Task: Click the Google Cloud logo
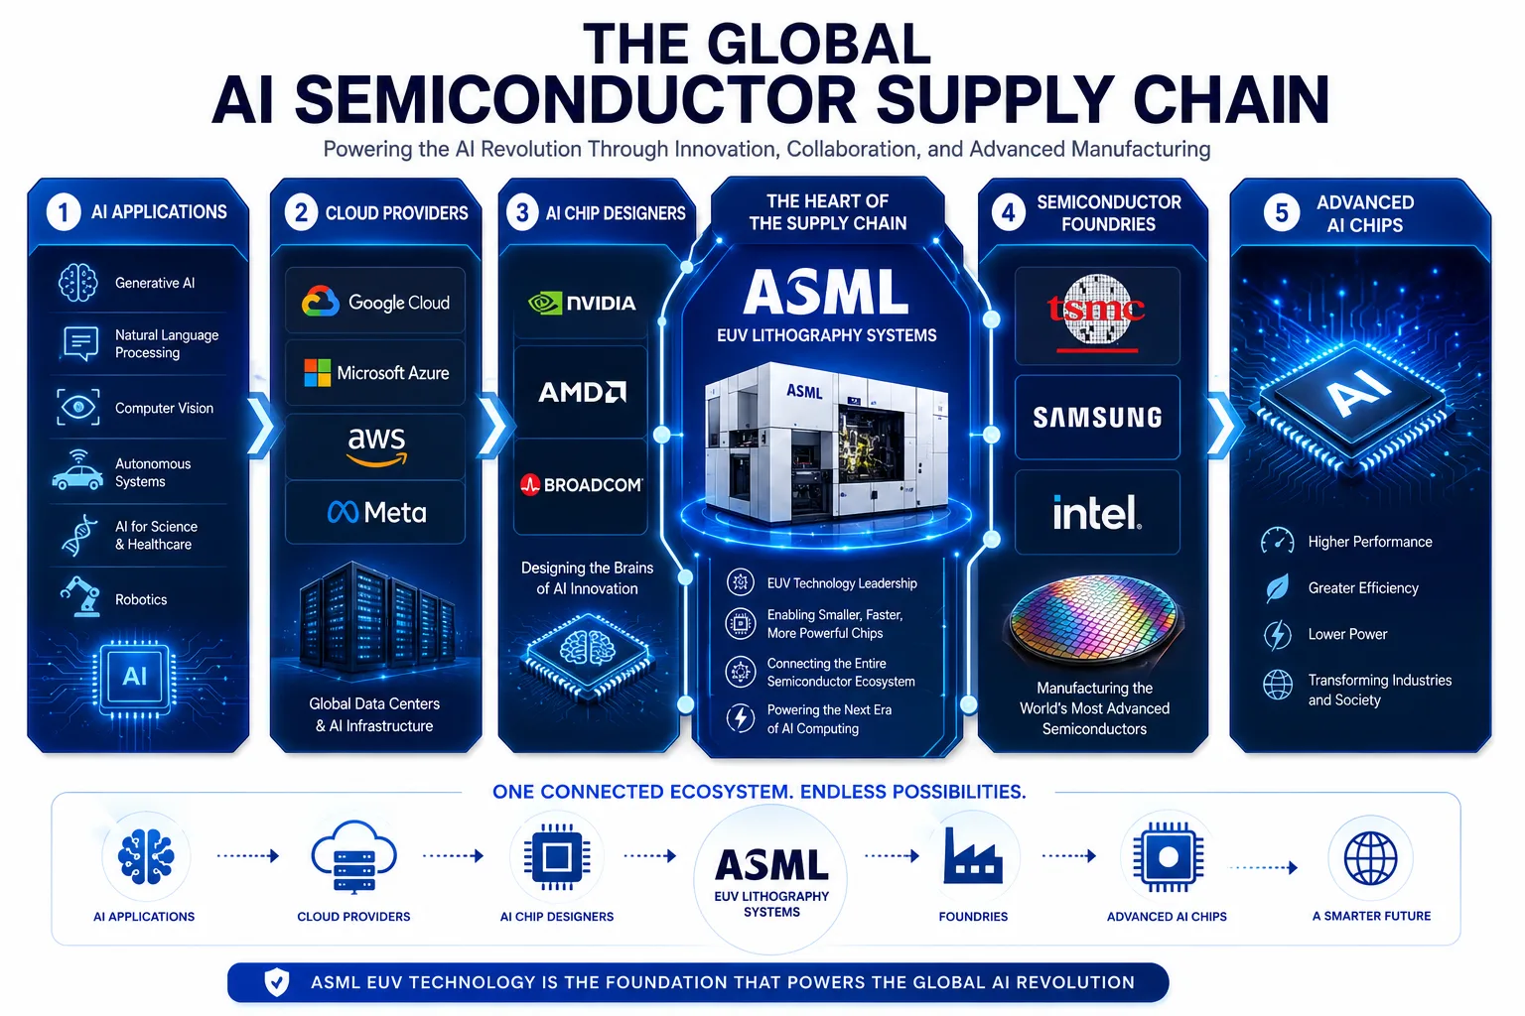(x=375, y=302)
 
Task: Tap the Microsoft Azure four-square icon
(x=318, y=373)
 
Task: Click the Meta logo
(x=376, y=512)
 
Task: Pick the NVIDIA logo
(x=582, y=303)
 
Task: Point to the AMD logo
(x=582, y=392)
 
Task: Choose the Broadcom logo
(x=582, y=484)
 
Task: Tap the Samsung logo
(x=1097, y=417)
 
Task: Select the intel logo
(x=1097, y=512)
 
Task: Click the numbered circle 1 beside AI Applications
(x=64, y=212)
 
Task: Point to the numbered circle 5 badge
(x=1282, y=213)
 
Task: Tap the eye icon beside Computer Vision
(x=78, y=408)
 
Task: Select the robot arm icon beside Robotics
(x=81, y=597)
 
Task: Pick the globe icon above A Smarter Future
(x=1370, y=858)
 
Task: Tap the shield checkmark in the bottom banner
(x=276, y=982)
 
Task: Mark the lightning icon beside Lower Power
(x=1277, y=635)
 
